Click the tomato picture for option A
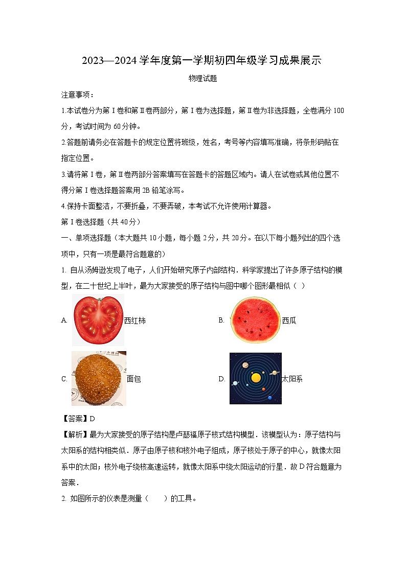coord(98,320)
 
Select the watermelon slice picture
coord(255,320)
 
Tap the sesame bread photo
coord(98,378)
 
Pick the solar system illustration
coord(255,378)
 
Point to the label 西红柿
coord(135,320)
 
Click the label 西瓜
coord(289,320)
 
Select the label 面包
coord(133,379)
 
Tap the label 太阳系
coord(292,379)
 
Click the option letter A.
coord(64,320)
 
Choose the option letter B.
coord(221,320)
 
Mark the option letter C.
coord(64,379)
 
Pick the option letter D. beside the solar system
coord(222,379)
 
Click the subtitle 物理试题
coord(203,78)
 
